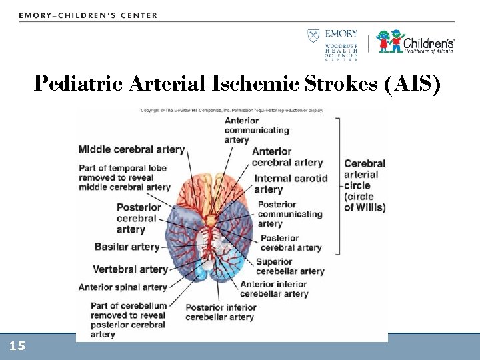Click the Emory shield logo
[x=313, y=36]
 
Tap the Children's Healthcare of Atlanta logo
[x=415, y=41]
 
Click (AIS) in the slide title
[x=411, y=84]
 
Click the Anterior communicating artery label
[x=256, y=130]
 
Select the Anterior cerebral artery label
[x=287, y=157]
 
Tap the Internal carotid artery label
[x=291, y=183]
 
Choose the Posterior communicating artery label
[x=289, y=214]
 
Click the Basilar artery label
[x=127, y=247]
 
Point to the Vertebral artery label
[x=130, y=269]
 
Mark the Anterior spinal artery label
[x=123, y=287]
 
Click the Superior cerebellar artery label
[x=289, y=267]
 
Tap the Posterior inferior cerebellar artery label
[x=220, y=312]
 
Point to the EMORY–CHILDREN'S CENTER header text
[x=88, y=15]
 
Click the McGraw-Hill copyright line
[x=231, y=111]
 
